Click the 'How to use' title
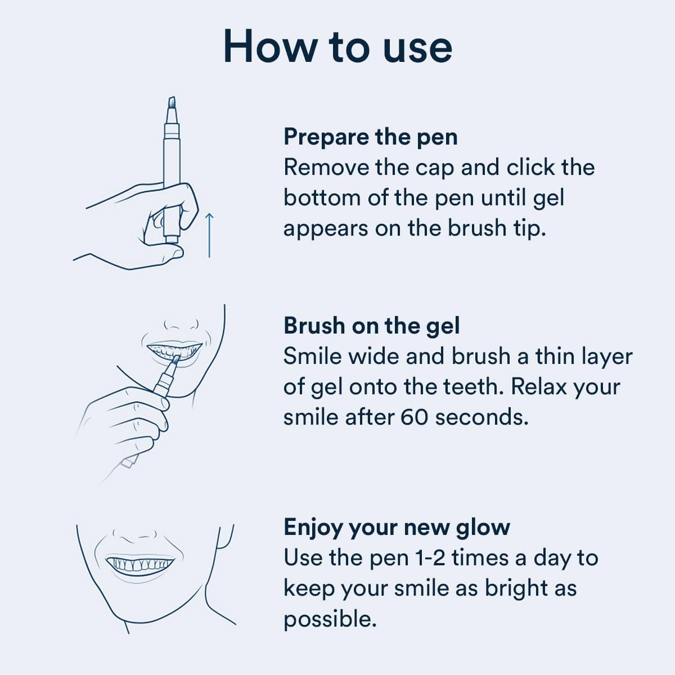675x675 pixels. pyautogui.click(x=337, y=47)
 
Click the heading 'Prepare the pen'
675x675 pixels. pyautogui.click(x=370, y=137)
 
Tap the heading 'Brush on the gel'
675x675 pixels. pyautogui.click(x=371, y=326)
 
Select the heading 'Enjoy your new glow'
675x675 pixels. pyautogui.click(x=397, y=527)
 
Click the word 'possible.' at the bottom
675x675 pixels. pyautogui.click(x=330, y=619)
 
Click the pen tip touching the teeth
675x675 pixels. pyautogui.click(x=175, y=359)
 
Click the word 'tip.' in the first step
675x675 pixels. pyautogui.click(x=529, y=228)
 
